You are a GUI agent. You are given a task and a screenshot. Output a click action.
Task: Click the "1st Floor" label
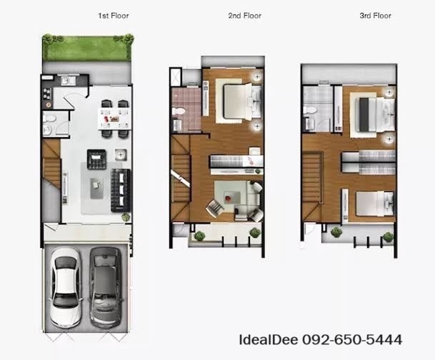(114, 16)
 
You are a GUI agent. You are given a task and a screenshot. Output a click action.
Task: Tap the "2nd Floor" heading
(245, 16)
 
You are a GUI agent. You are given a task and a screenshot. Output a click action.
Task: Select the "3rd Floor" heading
(375, 16)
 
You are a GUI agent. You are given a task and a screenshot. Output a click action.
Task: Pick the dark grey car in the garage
(106, 287)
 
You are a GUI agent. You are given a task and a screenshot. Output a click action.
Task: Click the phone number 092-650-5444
(352, 340)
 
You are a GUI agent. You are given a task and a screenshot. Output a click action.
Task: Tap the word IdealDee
(269, 340)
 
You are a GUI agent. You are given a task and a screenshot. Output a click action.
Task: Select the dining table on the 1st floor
(115, 119)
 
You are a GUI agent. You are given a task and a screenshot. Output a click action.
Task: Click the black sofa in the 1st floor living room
(121, 191)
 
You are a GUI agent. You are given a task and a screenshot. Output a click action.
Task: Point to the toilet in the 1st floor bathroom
(49, 119)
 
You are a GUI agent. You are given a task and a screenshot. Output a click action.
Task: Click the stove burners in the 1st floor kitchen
(46, 94)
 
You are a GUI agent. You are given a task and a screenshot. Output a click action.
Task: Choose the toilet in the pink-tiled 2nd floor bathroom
(178, 111)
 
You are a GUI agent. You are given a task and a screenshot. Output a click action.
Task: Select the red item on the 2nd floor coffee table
(228, 199)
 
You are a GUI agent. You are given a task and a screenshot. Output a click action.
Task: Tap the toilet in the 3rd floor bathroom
(309, 110)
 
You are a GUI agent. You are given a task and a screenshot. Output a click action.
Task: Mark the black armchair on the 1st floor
(96, 159)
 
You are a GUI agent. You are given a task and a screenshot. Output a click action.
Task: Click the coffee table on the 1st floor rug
(97, 189)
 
